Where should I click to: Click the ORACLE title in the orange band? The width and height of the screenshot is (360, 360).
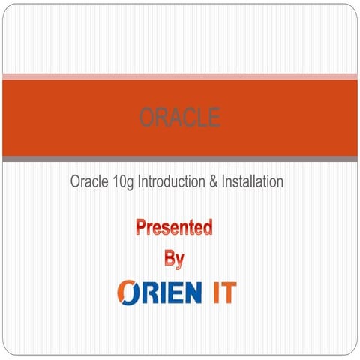pos(179,118)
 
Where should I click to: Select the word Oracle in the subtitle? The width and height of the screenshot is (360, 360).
pos(88,181)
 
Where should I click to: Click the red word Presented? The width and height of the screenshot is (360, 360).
pos(174,226)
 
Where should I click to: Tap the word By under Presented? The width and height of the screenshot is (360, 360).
pos(174,259)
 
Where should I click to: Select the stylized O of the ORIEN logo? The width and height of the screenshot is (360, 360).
pos(129,292)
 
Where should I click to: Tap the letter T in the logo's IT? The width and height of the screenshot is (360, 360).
pos(227,292)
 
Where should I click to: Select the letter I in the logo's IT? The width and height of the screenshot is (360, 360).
pos(213,292)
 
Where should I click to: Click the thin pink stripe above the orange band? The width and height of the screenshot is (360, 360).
pos(179,76)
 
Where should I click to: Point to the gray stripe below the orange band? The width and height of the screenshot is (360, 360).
pos(179,159)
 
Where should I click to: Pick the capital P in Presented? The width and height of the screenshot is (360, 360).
pos(141,226)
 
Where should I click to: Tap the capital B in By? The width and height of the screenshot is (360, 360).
pos(169,258)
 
